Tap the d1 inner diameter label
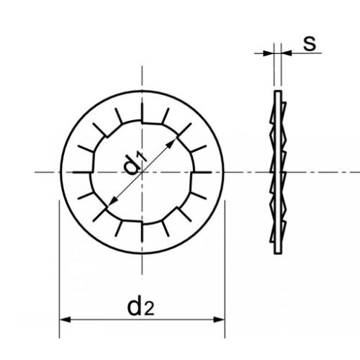point(135,162)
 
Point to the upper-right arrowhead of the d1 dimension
point(173,143)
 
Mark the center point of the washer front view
point(143,173)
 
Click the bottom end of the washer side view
point(276,253)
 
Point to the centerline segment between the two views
point(248,173)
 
